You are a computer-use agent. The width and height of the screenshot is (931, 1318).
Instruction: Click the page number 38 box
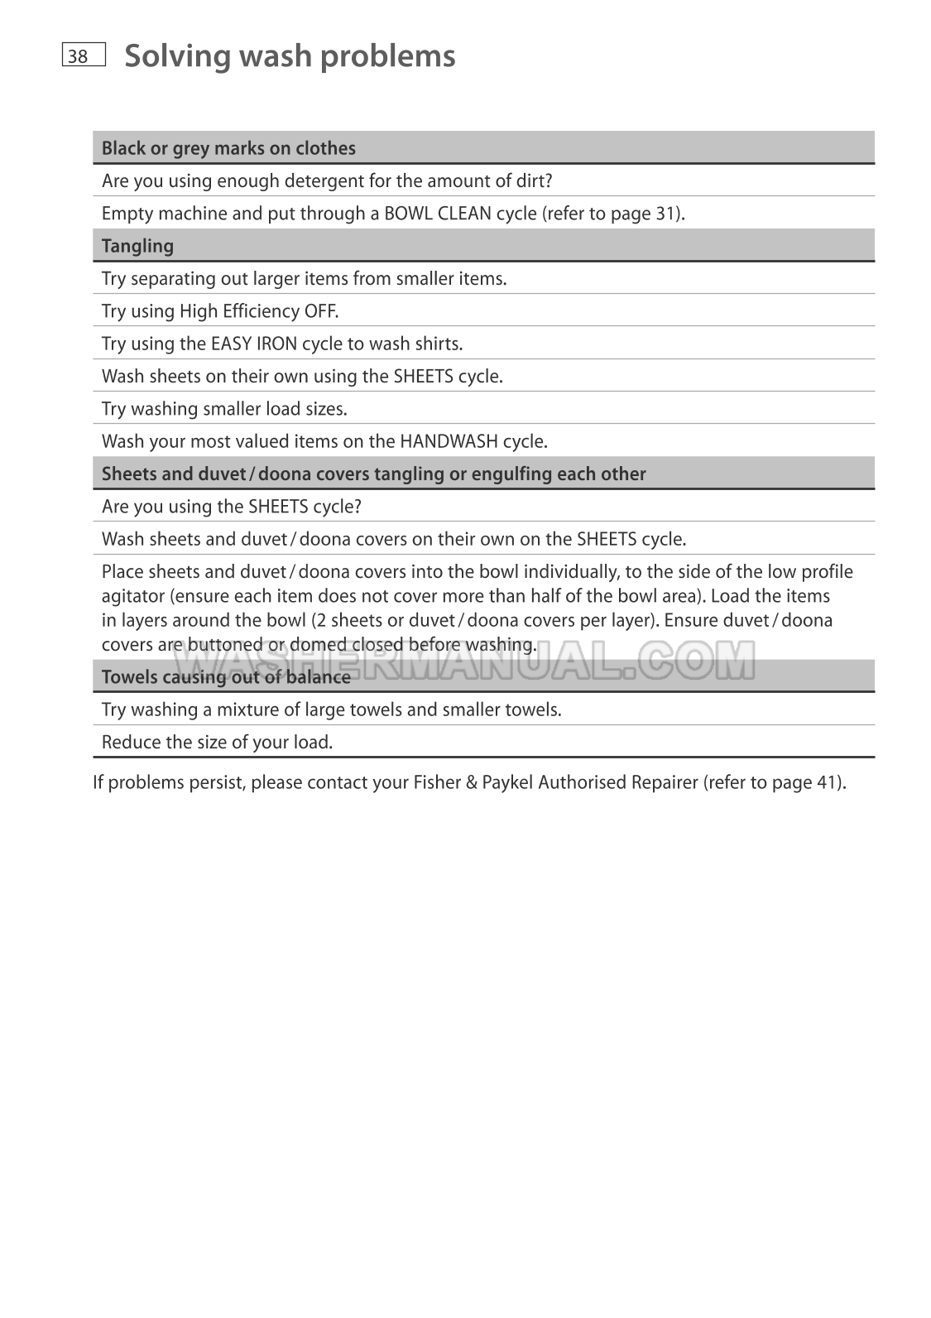pos(83,55)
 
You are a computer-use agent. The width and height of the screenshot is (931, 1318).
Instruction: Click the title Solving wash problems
pos(290,56)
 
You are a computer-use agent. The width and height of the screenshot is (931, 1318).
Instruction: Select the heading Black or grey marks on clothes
pos(228,148)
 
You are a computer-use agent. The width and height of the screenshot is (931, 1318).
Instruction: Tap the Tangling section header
pos(137,246)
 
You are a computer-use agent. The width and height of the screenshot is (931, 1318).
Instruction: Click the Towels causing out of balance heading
pos(226,677)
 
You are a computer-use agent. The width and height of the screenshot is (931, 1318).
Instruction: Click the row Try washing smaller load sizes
pos(224,409)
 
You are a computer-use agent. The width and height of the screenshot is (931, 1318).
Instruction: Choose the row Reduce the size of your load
pos(217,743)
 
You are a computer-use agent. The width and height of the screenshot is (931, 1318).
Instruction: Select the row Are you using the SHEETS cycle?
pos(231,506)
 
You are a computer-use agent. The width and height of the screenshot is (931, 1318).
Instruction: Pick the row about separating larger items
pos(304,278)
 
